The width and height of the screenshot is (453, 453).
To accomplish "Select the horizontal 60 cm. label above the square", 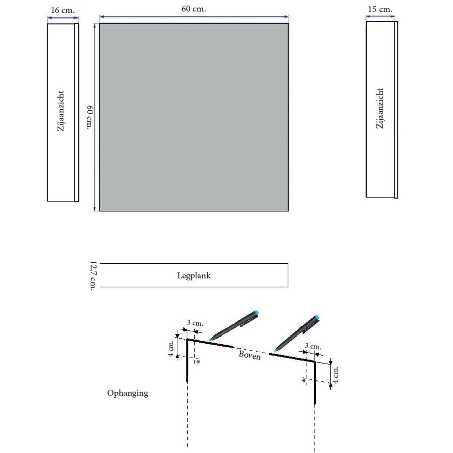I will coord(193,9).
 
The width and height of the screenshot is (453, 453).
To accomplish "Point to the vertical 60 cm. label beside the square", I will coord(90,117).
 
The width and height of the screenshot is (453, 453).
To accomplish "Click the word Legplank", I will coord(193,276).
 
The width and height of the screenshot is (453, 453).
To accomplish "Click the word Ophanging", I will coord(127,393).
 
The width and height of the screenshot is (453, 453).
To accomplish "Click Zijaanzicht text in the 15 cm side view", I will coord(380,108).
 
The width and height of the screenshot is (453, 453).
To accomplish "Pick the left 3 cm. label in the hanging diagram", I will coord(195,323).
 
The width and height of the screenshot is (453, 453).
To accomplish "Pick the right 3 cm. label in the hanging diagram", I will coord(313,347).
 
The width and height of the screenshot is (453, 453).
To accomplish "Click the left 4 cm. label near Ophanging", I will coord(171,347).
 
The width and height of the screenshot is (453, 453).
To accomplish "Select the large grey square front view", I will coord(193,117).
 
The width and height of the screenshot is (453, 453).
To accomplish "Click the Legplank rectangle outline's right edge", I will coord(288,275).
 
